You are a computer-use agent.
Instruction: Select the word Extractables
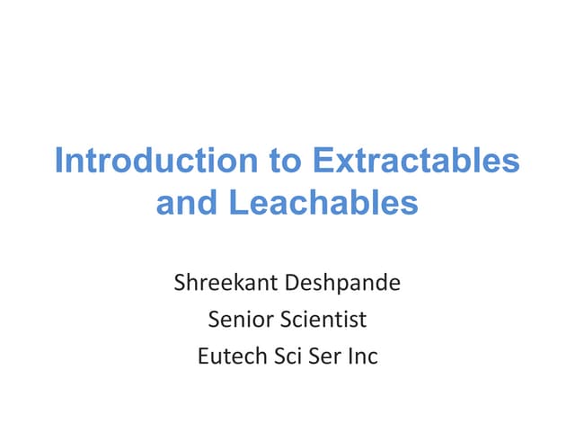point(415,162)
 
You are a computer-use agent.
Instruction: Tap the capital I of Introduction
point(58,162)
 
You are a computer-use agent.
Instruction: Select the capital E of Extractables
point(321,162)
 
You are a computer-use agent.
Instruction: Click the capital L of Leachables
point(237,203)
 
